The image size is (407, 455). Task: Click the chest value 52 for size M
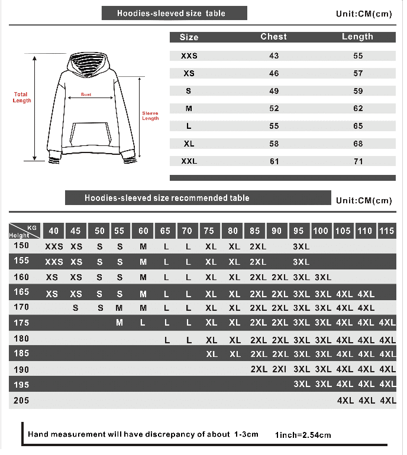click(x=274, y=109)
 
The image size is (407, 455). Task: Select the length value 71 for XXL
click(x=358, y=161)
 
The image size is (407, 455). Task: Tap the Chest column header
click(x=273, y=37)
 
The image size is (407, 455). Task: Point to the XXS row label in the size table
click(x=189, y=56)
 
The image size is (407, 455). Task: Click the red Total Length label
click(x=21, y=97)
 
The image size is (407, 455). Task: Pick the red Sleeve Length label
click(x=150, y=116)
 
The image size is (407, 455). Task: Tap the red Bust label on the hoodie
click(x=86, y=95)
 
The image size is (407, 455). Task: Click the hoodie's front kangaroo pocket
click(x=91, y=134)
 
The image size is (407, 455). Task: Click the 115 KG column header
click(x=387, y=231)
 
